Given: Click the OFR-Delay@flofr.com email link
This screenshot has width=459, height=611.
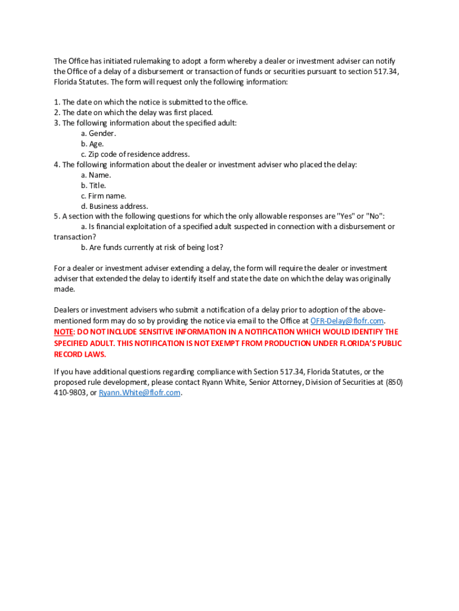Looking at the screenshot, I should click(347, 321).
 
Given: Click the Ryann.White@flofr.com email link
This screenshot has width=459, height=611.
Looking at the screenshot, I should click(139, 393).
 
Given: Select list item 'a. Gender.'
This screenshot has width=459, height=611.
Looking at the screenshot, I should click(98, 133).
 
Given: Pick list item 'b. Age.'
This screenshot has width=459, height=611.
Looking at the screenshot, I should click(92, 144).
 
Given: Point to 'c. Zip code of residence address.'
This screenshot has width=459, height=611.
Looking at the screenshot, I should click(135, 154).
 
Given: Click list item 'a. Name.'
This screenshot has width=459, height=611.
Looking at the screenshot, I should click(96, 175).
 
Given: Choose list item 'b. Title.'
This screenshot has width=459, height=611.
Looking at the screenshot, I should click(94, 186).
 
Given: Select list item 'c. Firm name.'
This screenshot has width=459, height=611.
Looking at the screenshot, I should click(104, 196).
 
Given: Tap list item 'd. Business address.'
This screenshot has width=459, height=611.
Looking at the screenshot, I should click(114, 206).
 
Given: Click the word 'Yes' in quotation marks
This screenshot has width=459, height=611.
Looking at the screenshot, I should click(346, 216).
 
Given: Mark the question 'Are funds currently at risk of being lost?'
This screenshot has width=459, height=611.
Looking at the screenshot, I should click(156, 248).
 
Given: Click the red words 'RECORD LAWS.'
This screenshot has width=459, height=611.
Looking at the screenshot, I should click(80, 354).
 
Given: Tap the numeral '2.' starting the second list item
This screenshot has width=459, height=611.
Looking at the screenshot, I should click(57, 112).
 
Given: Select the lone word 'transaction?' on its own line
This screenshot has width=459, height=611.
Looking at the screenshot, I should click(75, 237).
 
